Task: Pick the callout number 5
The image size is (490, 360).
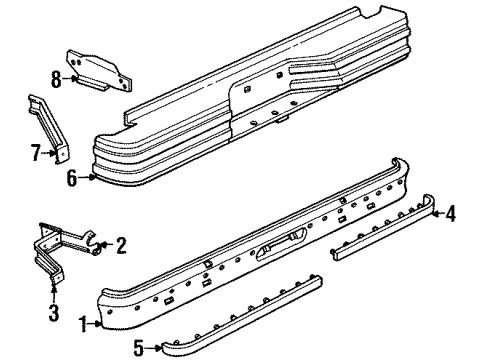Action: coord(139,349)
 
